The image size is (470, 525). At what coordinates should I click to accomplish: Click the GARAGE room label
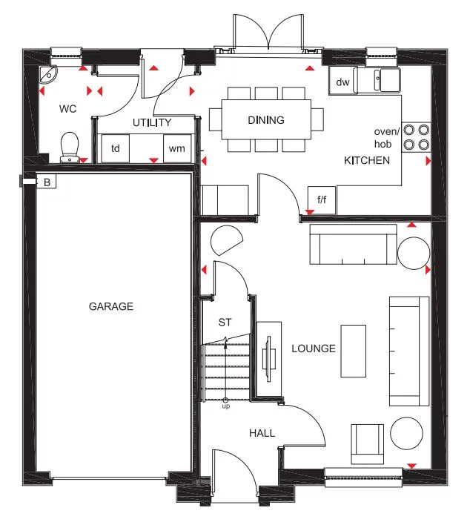[111, 306]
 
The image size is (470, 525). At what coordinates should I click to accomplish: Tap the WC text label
[68, 109]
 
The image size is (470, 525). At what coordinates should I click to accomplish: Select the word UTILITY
[152, 122]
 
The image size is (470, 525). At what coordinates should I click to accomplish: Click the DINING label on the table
[266, 120]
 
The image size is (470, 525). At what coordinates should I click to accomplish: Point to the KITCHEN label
[366, 160]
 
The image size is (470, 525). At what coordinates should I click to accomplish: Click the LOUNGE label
[314, 349]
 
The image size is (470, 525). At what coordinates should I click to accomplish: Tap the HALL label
[262, 433]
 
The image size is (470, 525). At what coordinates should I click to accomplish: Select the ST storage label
[225, 323]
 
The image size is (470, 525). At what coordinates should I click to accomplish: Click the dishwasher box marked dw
[342, 82]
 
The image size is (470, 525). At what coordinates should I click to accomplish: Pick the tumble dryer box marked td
[115, 148]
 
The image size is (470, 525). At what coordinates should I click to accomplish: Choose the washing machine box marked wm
[176, 148]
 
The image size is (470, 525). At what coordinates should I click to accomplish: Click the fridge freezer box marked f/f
[322, 199]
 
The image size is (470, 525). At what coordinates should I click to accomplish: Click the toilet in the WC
[69, 146]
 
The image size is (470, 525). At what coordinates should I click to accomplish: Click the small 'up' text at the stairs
[226, 407]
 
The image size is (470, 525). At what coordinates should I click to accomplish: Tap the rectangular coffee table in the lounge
[353, 350]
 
